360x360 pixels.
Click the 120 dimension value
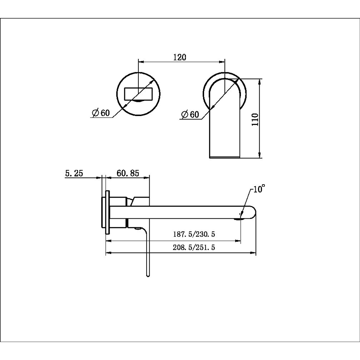180,57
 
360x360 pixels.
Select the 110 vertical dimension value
255,119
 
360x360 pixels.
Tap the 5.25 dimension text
74,173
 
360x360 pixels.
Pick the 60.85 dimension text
128,173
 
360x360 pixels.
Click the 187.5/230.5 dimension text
194,234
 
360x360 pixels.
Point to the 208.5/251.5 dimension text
194,247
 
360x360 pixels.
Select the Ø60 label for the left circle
101,113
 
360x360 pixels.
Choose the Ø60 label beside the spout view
190,114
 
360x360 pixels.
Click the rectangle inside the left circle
138,94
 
